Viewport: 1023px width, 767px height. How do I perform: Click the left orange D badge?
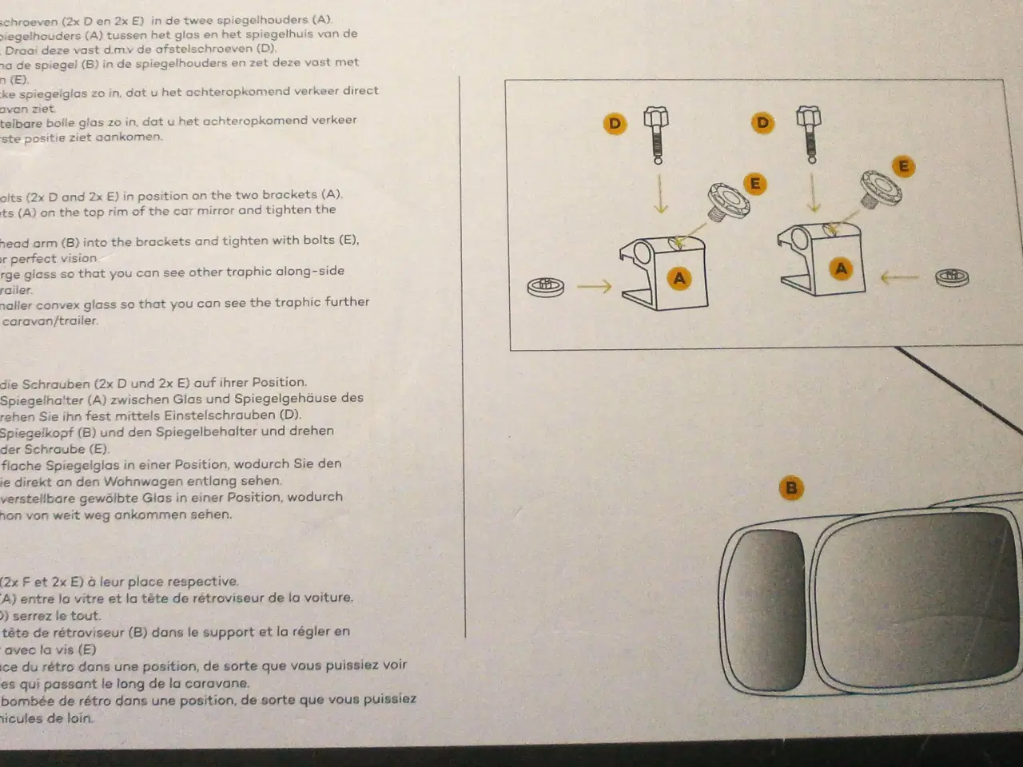615,124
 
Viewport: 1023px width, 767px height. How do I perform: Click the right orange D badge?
762,123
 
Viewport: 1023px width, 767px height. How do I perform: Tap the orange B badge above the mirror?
791,488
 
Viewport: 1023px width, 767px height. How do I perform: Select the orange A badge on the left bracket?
679,279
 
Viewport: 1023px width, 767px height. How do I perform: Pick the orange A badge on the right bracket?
841,269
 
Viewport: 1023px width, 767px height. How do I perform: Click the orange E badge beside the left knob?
754,185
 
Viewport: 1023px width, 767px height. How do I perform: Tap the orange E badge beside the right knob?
904,167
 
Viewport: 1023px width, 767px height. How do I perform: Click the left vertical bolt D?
657,135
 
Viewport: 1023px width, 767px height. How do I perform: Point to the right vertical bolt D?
809,134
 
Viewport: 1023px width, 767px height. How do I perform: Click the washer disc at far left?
546,285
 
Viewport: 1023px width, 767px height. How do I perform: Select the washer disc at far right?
952,278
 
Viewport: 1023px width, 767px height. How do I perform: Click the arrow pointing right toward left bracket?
594,285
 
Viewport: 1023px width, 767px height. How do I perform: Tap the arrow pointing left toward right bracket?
899,278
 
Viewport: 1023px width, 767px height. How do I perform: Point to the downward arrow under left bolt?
660,197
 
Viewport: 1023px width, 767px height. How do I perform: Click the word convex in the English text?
65,303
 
